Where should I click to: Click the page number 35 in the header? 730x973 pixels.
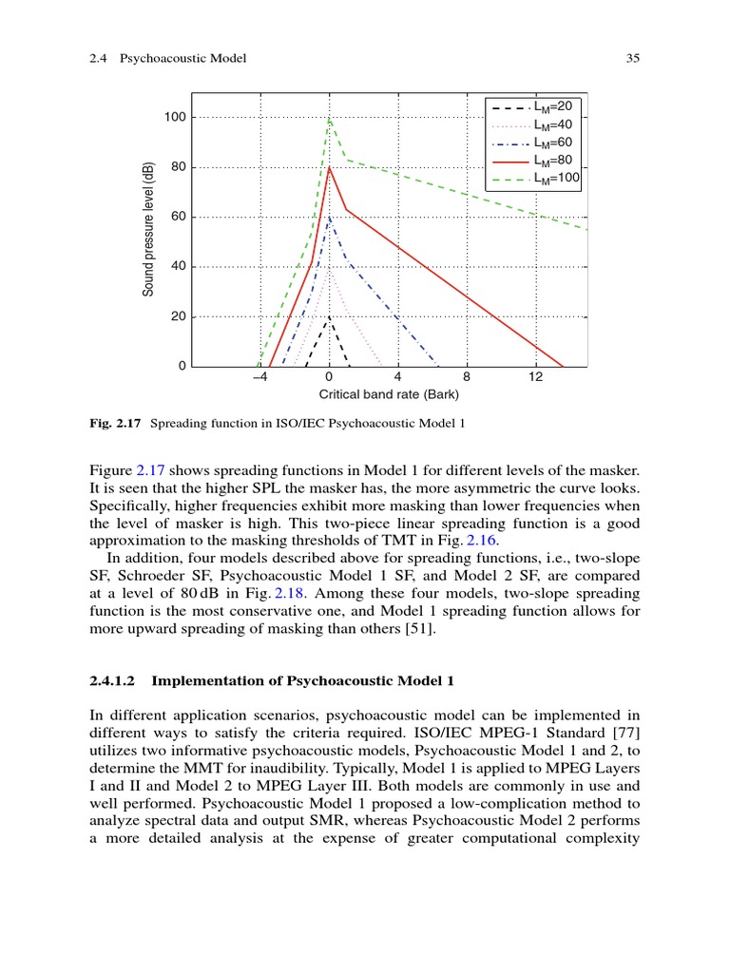coord(633,59)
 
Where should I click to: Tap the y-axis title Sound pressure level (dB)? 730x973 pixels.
coord(148,228)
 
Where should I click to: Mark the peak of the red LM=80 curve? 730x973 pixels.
coord(329,168)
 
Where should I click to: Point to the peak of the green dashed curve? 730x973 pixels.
coord(329,119)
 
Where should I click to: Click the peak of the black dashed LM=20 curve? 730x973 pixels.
coord(329,317)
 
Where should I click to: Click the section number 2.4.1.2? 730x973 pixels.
coord(114,680)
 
